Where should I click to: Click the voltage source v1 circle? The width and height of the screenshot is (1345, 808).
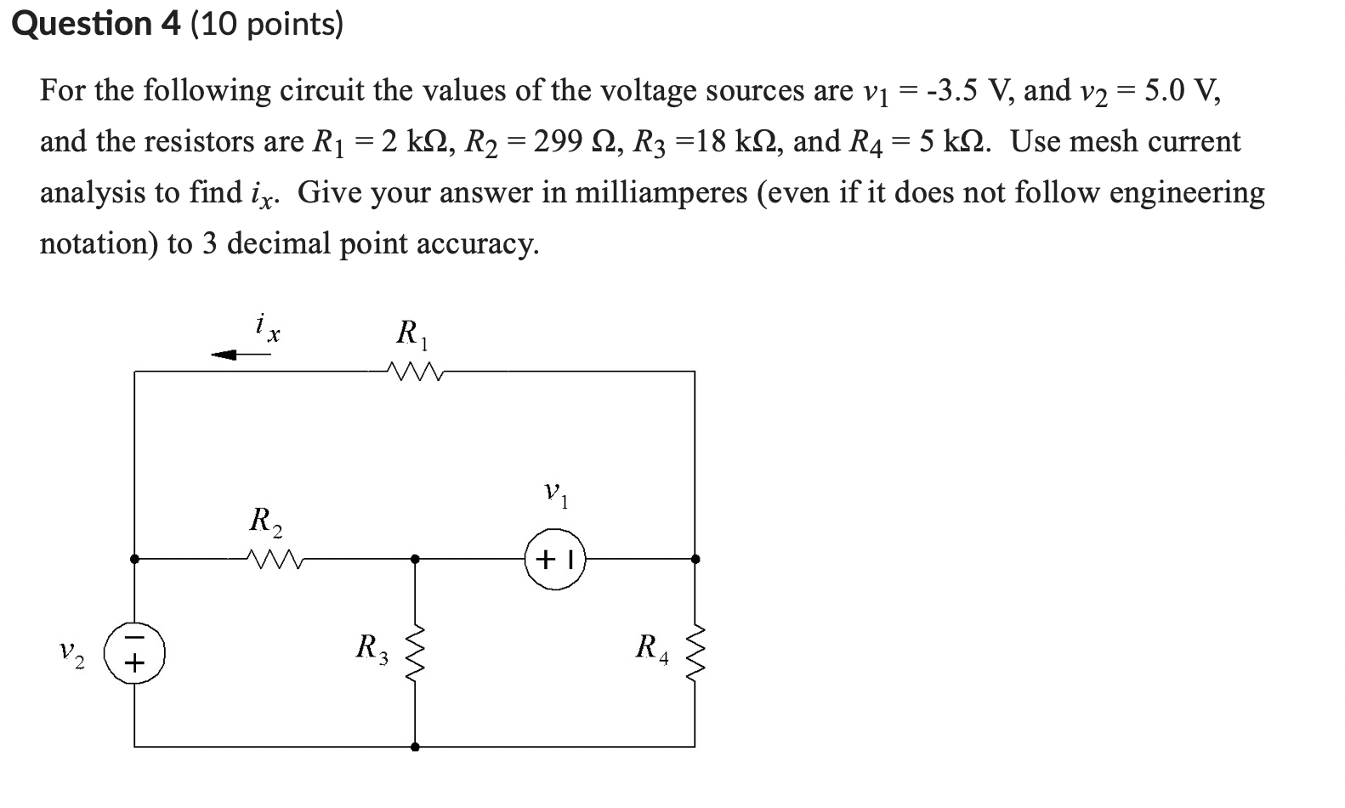pos(555,560)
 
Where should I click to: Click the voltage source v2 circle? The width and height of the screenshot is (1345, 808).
pos(134,652)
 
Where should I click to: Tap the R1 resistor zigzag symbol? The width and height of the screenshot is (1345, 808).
pos(413,371)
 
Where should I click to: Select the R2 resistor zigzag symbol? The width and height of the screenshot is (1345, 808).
pos(272,559)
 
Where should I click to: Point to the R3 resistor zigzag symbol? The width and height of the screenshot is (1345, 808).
pos(415,652)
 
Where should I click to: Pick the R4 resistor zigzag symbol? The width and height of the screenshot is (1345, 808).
pos(695,652)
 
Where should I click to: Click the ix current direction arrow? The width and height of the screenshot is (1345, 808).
pos(241,355)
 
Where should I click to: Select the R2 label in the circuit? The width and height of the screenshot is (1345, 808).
pos(266,521)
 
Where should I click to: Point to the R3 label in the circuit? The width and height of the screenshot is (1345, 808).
pos(372,648)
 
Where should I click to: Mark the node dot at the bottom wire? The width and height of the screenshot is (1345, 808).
pos(415,747)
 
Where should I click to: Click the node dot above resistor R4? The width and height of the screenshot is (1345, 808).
pos(695,559)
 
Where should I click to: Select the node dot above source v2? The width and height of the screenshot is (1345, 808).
pos(134,559)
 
